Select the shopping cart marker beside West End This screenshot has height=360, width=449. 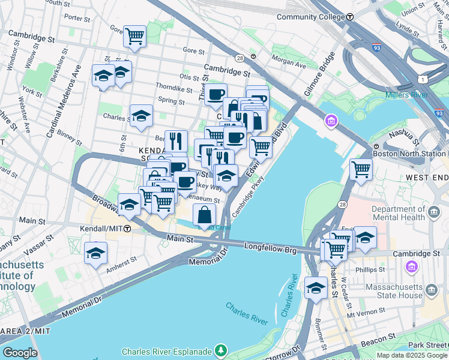[x=361, y=170]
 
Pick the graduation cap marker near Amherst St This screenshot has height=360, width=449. [x=96, y=253]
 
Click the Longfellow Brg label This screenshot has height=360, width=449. [x=270, y=247]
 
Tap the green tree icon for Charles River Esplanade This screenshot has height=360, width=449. [x=221, y=350]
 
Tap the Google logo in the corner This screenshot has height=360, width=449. [x=19, y=353]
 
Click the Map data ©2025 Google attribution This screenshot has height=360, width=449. [x=412, y=355]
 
